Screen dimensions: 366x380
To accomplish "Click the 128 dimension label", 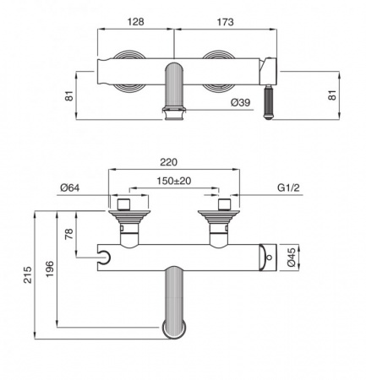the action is (136, 22).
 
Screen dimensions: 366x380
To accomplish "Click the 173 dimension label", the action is (225, 22).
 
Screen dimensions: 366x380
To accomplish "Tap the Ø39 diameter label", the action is (240, 102).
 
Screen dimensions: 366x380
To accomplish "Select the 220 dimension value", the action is (168, 162).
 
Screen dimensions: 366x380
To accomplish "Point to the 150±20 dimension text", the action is (173, 181).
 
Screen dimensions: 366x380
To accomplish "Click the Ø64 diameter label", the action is (70, 187).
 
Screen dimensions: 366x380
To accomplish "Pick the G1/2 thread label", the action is (288, 187).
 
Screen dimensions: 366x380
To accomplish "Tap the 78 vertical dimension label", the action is (69, 234).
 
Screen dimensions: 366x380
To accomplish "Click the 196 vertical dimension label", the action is (50, 269).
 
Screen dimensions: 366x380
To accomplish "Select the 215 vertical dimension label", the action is (28, 274).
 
